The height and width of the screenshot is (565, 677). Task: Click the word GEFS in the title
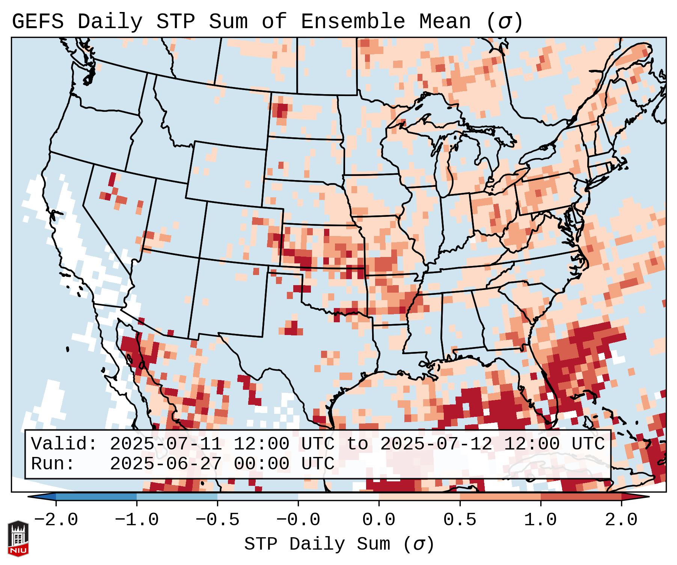tap(38, 22)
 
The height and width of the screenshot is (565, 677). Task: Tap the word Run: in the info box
tap(53, 464)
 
